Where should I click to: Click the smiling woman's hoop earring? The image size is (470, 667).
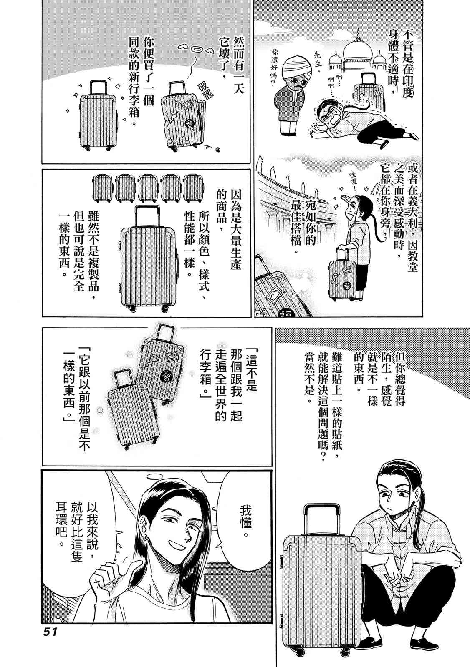(147, 539)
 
